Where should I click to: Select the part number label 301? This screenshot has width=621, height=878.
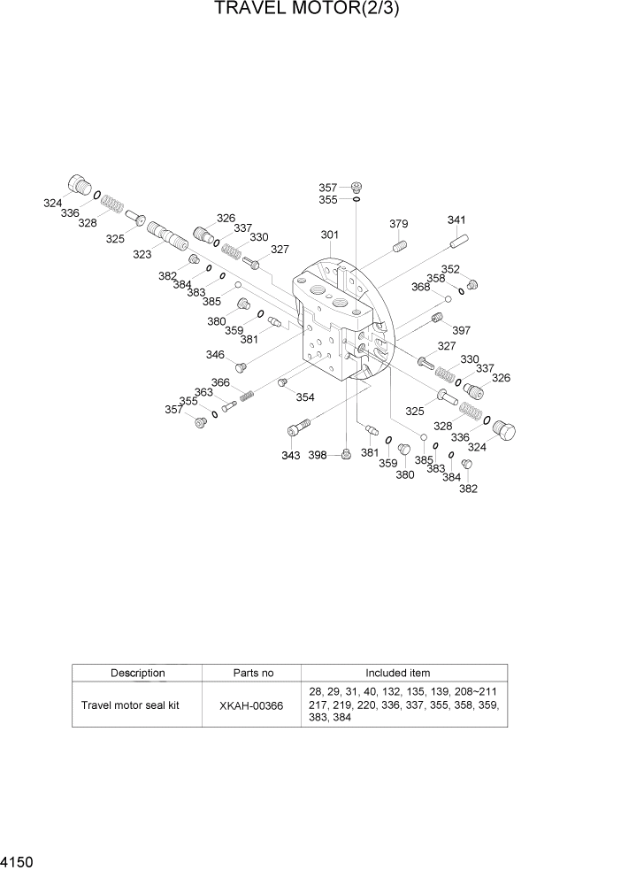[329, 235]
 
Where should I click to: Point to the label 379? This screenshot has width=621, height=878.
[398, 224]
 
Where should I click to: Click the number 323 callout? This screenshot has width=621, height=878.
[142, 254]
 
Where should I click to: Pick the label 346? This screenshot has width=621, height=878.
[215, 354]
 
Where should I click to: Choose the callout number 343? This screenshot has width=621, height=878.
[291, 455]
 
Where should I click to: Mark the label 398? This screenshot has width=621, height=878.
[318, 455]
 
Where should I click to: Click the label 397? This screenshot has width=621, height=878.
[461, 331]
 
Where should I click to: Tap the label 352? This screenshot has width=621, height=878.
[451, 269]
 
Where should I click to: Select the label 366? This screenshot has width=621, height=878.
[220, 382]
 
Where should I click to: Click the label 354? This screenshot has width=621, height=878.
[304, 397]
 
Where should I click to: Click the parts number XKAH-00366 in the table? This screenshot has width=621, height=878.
[252, 705]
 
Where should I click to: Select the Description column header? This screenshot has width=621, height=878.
[137, 673]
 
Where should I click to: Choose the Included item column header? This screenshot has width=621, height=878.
[403, 673]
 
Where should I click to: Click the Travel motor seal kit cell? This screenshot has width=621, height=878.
[130, 705]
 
